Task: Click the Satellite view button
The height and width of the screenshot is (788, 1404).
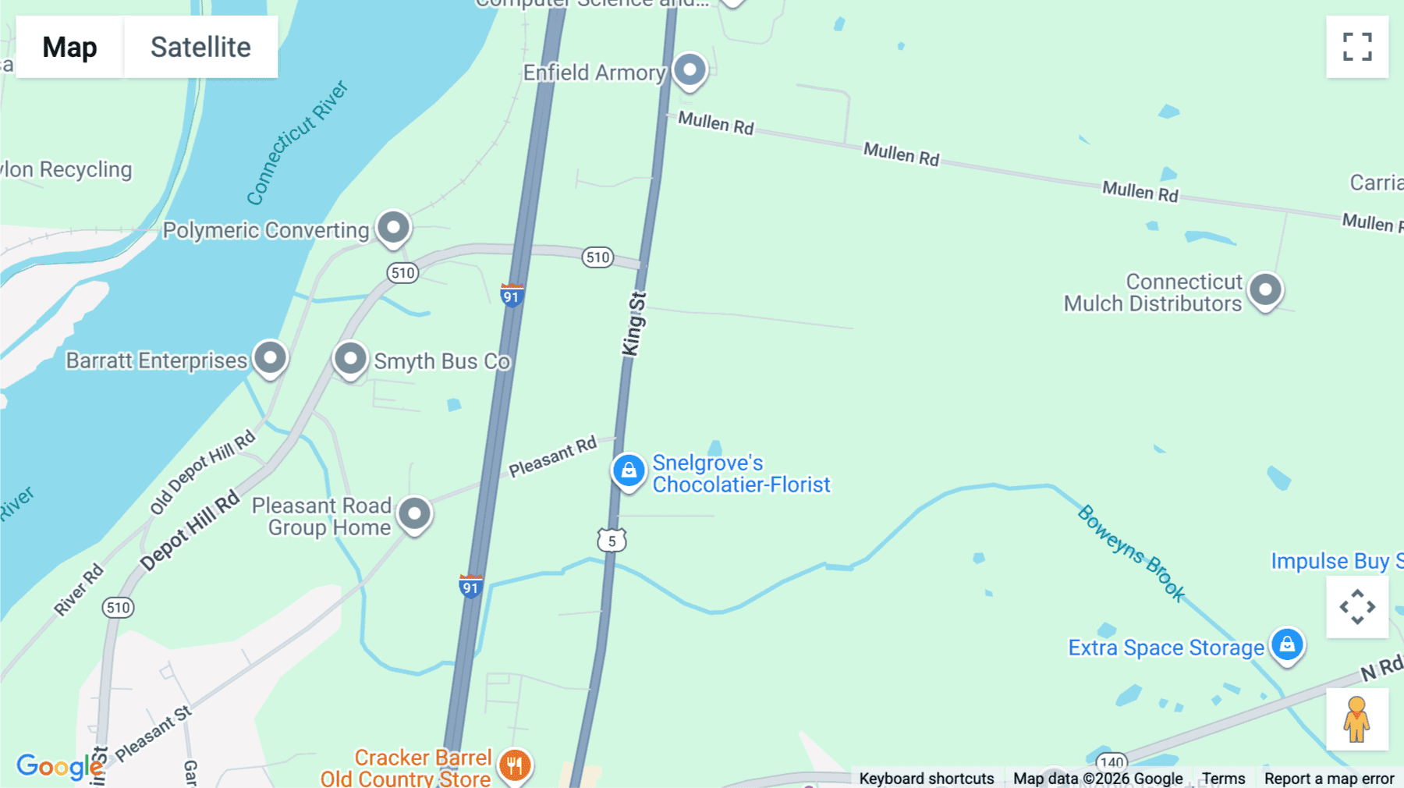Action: tap(200, 47)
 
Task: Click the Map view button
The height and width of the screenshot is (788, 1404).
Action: tap(69, 47)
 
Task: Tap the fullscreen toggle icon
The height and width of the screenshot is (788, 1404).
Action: tap(1357, 47)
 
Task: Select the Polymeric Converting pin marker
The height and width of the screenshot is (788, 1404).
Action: tap(393, 228)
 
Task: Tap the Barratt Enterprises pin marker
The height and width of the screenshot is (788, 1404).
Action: tap(270, 358)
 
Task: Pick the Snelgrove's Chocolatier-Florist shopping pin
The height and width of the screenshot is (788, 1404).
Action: tap(629, 470)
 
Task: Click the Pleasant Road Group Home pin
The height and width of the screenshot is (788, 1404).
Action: tap(414, 514)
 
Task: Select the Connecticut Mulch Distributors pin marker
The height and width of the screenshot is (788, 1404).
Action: tap(1265, 290)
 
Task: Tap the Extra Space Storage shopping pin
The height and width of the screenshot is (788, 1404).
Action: tap(1287, 645)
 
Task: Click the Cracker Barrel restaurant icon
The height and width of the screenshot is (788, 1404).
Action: tap(515, 765)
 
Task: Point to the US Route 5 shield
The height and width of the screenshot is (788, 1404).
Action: tap(612, 540)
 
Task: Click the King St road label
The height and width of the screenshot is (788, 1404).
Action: tap(634, 325)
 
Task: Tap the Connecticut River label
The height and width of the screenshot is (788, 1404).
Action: tap(296, 143)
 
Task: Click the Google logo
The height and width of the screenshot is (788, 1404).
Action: tap(59, 766)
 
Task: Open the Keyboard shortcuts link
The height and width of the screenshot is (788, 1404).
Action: tap(926, 778)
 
